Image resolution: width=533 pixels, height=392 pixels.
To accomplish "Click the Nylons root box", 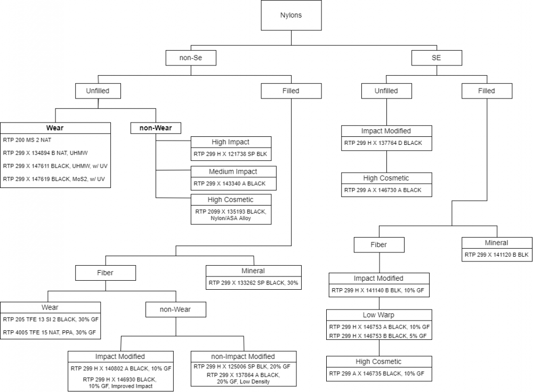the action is point(291,15).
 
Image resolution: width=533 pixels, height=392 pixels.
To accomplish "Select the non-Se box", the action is point(191,58).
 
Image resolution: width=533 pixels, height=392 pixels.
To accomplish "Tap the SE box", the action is point(437,58).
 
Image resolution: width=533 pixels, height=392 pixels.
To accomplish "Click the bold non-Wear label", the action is point(156,128).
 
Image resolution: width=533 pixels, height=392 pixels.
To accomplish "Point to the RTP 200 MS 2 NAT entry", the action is point(27,140).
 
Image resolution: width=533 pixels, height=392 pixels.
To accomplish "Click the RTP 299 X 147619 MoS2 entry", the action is point(54,179).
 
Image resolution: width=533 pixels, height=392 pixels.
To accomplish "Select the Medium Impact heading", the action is point(233,171).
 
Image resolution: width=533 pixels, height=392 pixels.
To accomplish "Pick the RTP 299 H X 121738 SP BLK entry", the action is point(230,154).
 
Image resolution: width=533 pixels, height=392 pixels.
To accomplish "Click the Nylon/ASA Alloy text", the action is point(230,218).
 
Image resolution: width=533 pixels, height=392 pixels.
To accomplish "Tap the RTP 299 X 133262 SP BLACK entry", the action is point(253,283).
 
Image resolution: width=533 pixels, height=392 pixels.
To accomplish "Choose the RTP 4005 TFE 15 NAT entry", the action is point(49,332).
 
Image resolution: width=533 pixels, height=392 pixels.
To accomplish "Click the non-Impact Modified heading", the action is point(243,356).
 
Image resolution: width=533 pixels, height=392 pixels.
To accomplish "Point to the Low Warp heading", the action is point(378,315).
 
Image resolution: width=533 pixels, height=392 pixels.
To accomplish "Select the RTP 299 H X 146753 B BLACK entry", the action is point(378,336).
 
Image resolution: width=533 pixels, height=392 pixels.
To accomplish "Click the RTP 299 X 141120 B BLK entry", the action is point(497,255).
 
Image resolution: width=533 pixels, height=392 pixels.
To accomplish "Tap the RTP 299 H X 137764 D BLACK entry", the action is point(383,143).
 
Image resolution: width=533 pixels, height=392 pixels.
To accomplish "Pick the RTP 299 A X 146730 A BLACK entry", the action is point(383,190).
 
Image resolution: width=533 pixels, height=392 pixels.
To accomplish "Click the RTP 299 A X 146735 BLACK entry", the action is point(377,374).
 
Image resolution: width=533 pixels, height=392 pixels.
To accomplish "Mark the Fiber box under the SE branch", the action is point(379,245).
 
